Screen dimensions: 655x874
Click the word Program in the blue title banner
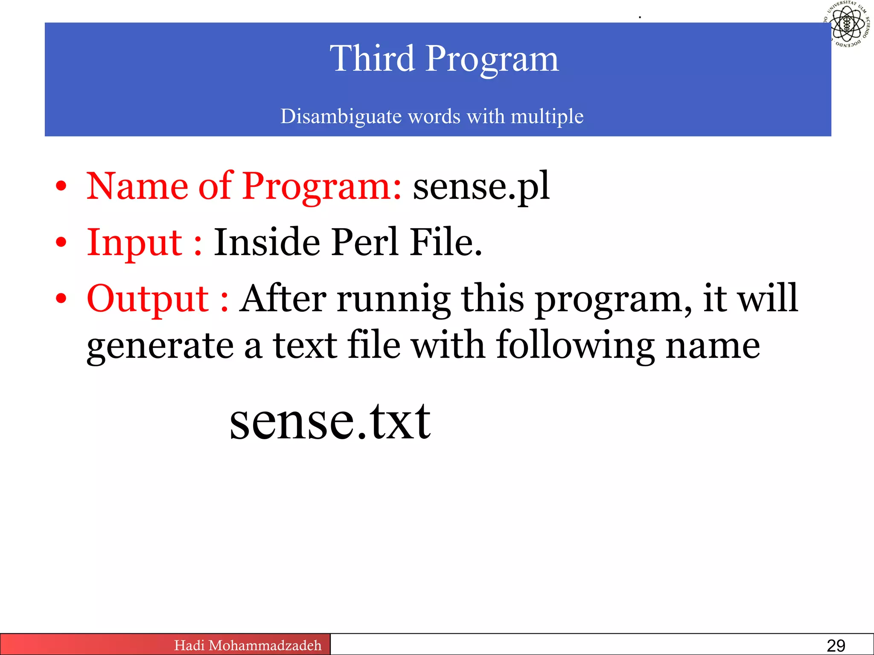(x=492, y=60)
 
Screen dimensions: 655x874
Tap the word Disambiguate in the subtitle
(x=341, y=116)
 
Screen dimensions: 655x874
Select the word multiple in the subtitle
(x=547, y=116)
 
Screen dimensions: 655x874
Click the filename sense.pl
(x=481, y=186)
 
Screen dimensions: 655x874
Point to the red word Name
(x=137, y=186)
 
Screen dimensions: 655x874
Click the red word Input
(x=135, y=243)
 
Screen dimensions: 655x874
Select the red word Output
(x=148, y=299)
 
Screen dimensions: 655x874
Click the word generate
(x=160, y=346)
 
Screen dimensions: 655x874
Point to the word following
(x=575, y=346)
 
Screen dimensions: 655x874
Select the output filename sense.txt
(x=330, y=422)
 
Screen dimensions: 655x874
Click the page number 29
(x=836, y=646)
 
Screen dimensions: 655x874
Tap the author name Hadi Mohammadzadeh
(x=248, y=645)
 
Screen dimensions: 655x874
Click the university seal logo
(x=848, y=23)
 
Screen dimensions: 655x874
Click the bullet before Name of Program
(x=61, y=187)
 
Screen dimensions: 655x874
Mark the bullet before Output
(x=61, y=299)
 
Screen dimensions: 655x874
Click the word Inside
(x=267, y=243)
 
